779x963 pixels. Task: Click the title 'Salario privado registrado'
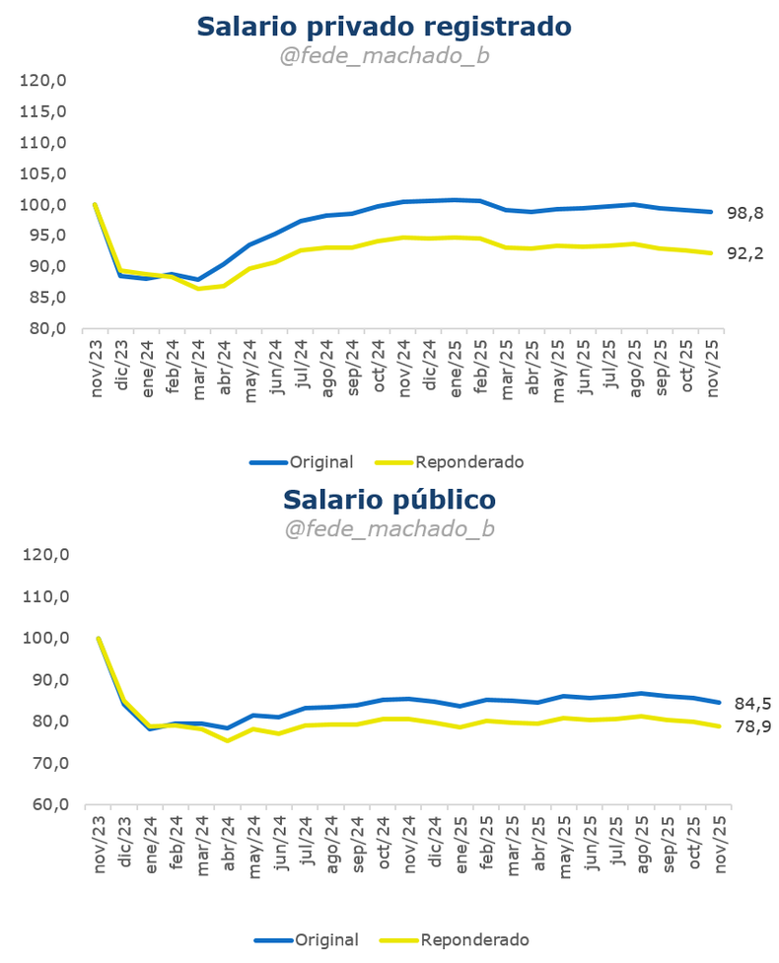384,26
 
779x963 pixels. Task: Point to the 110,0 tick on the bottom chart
47,596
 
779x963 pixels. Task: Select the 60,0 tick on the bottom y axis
47,804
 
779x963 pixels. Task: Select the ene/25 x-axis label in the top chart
456,365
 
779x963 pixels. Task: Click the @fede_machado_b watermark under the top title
384,56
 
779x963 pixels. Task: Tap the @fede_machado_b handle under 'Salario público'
389,529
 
